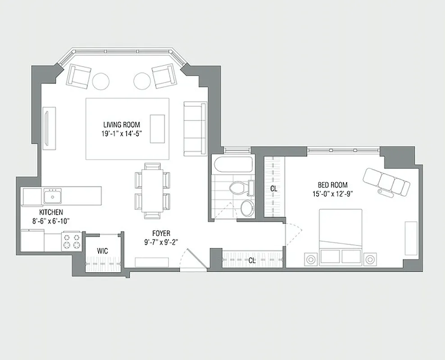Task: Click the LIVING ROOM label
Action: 121,125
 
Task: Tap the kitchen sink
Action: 53,196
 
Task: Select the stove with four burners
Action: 71,241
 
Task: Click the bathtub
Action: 234,164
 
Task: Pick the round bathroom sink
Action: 247,208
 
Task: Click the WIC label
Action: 102,251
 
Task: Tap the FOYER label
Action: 161,234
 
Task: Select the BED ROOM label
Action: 332,185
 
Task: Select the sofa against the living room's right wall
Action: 195,128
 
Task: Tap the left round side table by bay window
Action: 100,81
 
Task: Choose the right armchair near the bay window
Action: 163,76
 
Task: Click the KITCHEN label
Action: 51,212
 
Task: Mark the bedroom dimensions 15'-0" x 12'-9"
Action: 332,193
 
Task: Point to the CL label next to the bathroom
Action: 273,189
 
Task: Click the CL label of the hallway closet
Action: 252,260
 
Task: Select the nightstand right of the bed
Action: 370,259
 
